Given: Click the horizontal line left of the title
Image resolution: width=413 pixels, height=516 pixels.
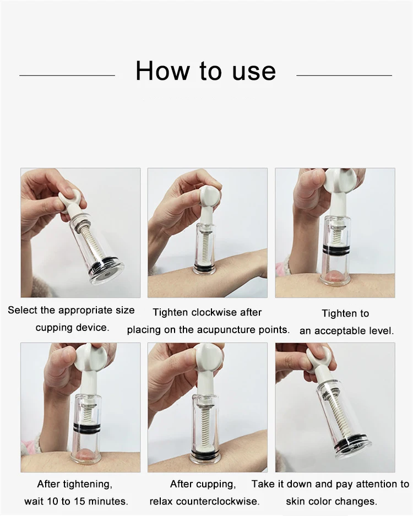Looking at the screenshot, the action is tap(67, 75).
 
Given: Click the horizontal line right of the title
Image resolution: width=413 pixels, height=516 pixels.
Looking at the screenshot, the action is tap(344, 75).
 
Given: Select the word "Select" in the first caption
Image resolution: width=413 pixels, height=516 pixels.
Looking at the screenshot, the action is tap(23, 310).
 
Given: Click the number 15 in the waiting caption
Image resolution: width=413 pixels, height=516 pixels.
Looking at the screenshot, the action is tap(80, 501).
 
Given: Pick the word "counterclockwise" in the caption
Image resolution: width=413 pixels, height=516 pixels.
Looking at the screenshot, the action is tap(218, 501).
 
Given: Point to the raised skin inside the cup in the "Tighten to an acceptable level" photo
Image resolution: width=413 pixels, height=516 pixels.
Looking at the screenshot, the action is tap(334, 276).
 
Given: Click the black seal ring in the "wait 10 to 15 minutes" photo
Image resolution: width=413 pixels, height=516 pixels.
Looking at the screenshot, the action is tap(87, 427).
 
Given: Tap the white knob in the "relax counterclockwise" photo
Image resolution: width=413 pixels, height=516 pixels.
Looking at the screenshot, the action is tap(206, 357).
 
